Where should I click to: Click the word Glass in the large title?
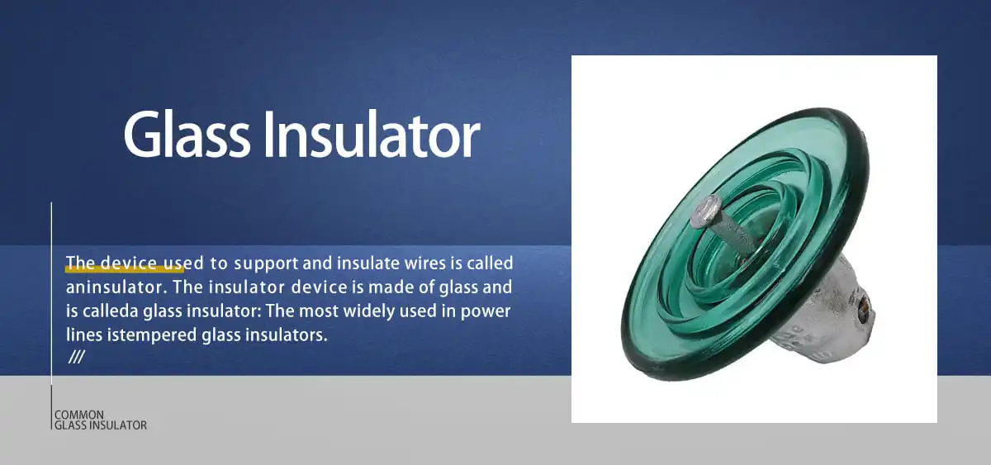point(188,135)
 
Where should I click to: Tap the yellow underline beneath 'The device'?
point(124,269)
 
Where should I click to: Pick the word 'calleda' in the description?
point(111,311)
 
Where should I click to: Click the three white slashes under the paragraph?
point(77,358)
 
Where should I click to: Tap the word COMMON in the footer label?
point(79,415)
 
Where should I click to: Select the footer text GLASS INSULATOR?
point(101,425)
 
